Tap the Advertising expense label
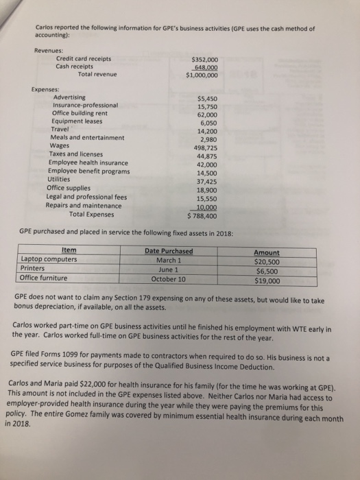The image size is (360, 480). [69, 97]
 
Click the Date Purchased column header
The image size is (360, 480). [169, 252]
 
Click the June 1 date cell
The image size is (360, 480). [168, 269]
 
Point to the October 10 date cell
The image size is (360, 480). [168, 279]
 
